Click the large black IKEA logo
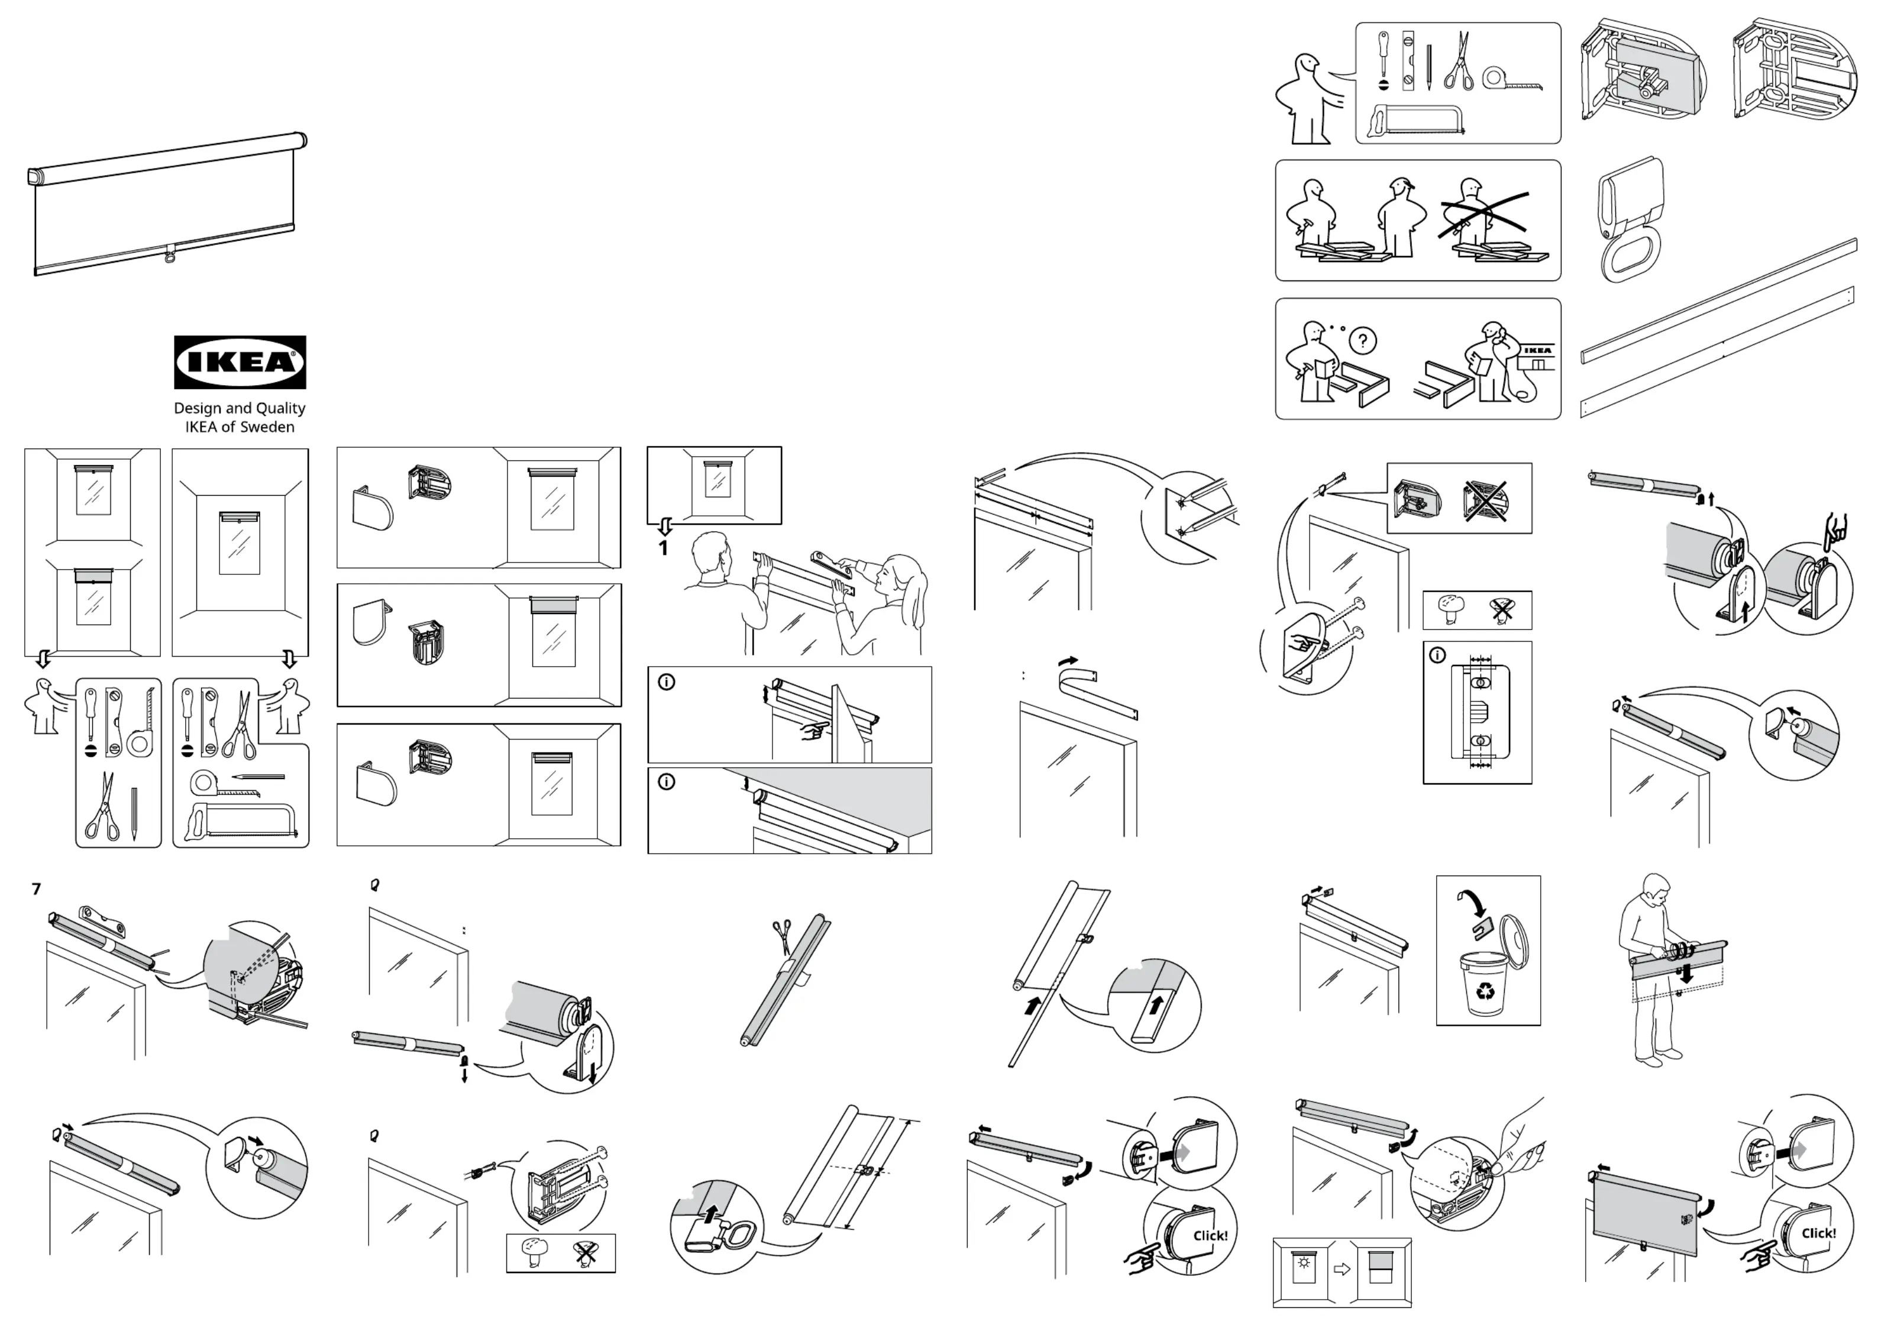(x=240, y=361)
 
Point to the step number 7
(x=36, y=888)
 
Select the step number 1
(x=663, y=548)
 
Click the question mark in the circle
(x=1363, y=340)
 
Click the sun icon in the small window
(x=1303, y=1262)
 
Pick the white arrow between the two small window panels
(x=1342, y=1269)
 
